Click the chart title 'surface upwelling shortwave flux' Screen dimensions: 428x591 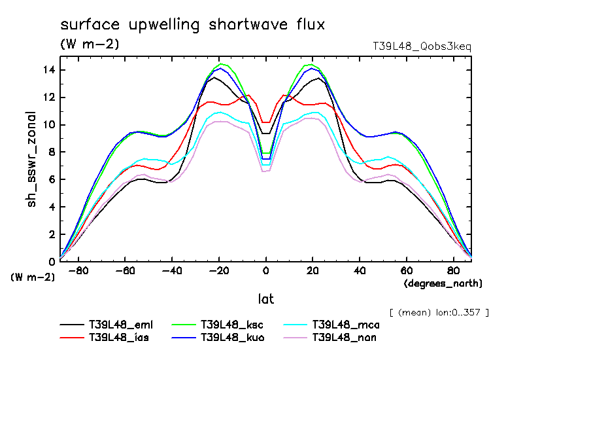(x=192, y=25)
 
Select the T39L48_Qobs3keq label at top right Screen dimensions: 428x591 (x=421, y=46)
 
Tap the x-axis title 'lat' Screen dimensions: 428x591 (x=265, y=299)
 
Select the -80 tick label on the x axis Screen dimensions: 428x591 (x=78, y=270)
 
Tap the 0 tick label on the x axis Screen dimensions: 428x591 (x=266, y=270)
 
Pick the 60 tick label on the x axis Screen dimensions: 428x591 (x=406, y=270)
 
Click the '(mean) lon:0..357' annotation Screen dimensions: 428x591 (x=439, y=312)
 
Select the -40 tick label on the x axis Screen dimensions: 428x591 (x=172, y=270)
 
